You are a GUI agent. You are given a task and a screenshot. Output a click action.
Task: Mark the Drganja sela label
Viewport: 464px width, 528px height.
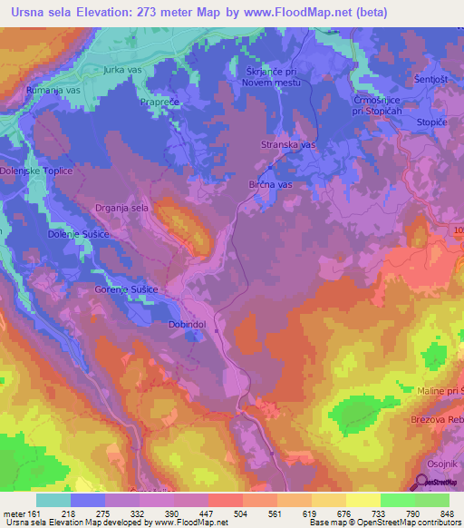121,208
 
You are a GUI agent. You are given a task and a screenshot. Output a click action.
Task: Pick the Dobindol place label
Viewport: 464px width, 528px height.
188,324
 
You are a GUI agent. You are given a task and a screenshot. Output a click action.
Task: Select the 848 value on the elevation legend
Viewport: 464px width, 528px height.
446,513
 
